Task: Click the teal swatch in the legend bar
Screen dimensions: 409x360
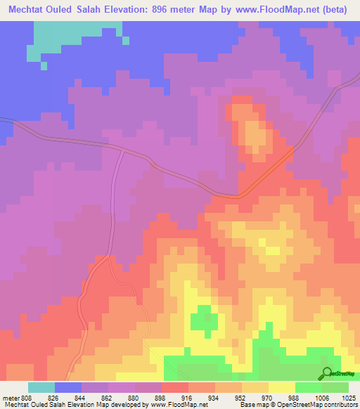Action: point(41,387)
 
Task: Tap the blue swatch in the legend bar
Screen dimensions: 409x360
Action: point(68,387)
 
